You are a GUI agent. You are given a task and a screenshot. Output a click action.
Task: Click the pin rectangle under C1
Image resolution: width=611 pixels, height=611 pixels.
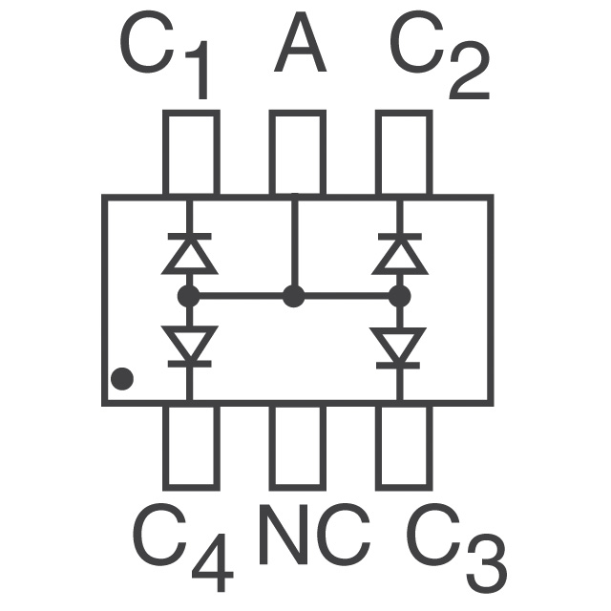191,153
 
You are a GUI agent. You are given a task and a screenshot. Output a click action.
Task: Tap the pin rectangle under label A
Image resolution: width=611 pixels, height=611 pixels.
297,153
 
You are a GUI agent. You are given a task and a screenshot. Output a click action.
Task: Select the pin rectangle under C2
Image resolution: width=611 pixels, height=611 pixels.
402,153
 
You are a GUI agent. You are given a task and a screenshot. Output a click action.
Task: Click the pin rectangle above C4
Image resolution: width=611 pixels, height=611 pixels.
191,446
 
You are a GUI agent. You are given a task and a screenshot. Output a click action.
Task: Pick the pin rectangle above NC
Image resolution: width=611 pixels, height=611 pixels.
297,446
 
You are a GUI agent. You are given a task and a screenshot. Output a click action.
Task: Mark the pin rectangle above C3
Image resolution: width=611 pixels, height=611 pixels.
402,446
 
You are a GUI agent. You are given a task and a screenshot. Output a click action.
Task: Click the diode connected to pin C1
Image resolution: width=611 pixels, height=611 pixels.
189,252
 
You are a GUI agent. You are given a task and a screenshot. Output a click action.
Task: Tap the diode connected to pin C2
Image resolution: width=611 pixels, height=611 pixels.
400,252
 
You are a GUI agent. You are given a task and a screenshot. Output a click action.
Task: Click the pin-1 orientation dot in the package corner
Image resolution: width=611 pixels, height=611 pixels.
121,379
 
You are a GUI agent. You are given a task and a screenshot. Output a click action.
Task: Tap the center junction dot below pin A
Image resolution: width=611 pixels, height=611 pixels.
294,296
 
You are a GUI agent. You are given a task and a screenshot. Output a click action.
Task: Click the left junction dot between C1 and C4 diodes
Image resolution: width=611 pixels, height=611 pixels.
189,296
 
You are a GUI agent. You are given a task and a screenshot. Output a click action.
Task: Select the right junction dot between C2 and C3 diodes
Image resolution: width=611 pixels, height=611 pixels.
400,296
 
